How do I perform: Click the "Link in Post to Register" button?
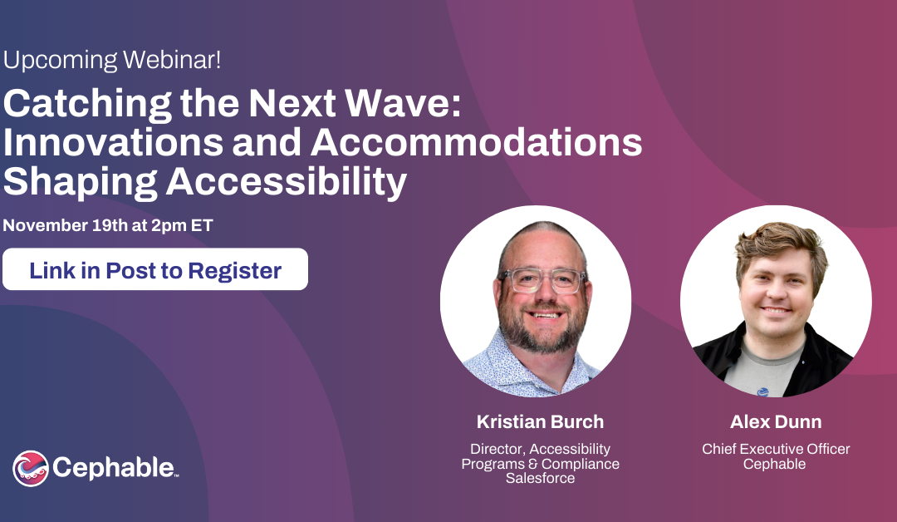tap(155, 269)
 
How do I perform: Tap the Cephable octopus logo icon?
tap(31, 468)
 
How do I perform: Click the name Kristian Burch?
tap(540, 421)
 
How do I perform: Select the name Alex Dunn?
tap(776, 421)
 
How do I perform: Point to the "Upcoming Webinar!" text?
tap(112, 60)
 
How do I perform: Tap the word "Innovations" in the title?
tap(113, 142)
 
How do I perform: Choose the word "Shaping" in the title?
tap(80, 183)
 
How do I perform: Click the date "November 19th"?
tap(66, 225)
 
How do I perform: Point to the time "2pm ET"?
tap(182, 225)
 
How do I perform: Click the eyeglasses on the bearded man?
tap(543, 280)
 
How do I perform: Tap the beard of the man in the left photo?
tap(542, 332)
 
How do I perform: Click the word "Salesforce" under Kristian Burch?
tap(540, 478)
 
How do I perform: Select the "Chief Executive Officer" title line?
tap(776, 449)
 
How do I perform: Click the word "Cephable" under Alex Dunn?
tap(775, 464)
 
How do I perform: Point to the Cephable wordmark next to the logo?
tap(115, 468)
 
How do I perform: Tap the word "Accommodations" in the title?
tap(477, 142)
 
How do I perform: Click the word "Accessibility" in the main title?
tap(287, 182)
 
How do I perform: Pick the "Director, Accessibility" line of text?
tap(540, 449)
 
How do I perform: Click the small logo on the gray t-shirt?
tap(762, 392)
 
